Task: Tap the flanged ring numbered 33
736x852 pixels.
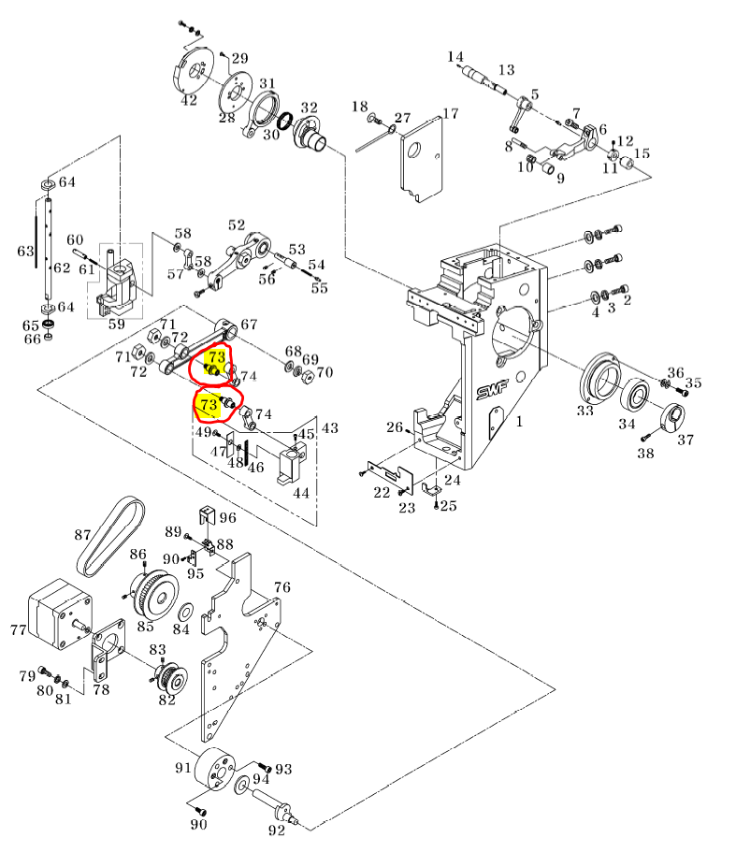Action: pos(599,382)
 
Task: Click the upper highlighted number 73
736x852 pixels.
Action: pos(216,357)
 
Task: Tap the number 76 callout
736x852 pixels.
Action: pos(282,586)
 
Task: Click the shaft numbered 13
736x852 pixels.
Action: pos(490,79)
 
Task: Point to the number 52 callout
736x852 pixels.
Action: pos(237,225)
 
